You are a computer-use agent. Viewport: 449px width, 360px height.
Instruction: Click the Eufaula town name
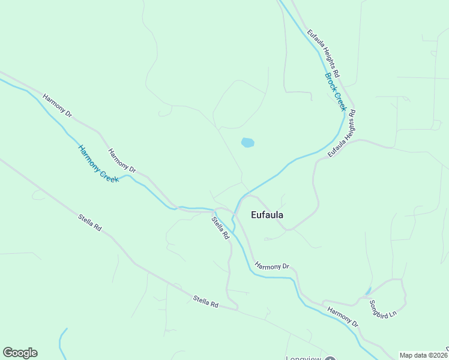(267, 215)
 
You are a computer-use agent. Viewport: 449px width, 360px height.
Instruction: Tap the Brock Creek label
(336, 92)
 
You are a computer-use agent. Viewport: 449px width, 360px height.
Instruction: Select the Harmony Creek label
(98, 163)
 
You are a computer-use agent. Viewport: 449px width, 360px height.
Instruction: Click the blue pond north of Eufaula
(247, 143)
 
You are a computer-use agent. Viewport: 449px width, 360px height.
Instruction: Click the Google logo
(20, 353)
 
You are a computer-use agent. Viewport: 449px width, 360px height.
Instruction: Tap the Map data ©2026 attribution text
(423, 355)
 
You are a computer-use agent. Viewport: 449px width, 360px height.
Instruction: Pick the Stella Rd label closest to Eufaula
(221, 228)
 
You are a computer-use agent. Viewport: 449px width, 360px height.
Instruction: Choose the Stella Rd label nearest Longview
(206, 301)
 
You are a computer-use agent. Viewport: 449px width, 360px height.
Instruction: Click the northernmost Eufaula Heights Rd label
(324, 54)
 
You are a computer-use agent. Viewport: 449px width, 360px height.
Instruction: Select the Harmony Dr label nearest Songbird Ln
(343, 316)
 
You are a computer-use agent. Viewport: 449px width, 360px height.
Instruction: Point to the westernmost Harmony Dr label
(57, 106)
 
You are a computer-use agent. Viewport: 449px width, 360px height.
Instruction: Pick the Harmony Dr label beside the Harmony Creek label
(122, 161)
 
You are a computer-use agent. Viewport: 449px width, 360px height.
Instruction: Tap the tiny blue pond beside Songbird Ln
(367, 292)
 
